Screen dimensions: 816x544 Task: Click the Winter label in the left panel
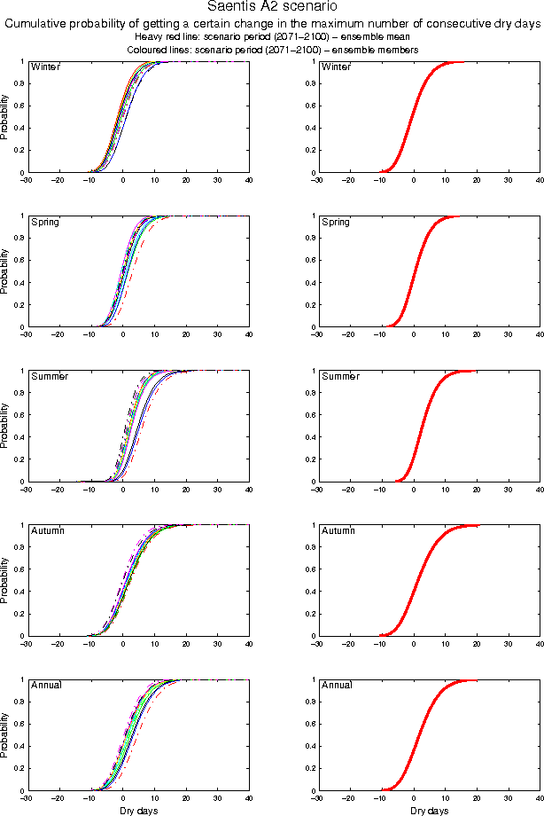pos(45,67)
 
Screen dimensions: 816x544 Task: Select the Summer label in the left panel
pos(50,377)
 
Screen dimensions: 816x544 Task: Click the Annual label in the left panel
pos(47,686)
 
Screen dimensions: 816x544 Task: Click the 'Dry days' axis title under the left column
pos(138,811)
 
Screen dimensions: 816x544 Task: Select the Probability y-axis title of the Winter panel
pos(5,117)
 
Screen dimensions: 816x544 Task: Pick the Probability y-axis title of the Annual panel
pos(5,735)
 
